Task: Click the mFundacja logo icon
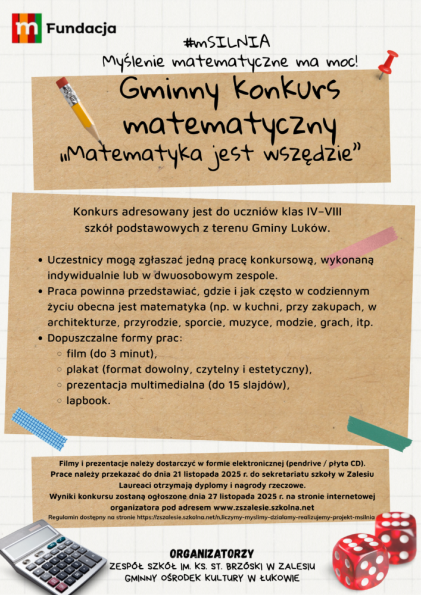[x=27, y=28]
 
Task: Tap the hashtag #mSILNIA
[x=227, y=42]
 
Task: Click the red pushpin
[x=388, y=63]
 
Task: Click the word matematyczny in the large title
[x=230, y=124]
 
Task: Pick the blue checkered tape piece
[x=39, y=428]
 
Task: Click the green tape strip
[x=379, y=433]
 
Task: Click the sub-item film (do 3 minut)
[x=111, y=354]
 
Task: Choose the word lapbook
[x=88, y=400]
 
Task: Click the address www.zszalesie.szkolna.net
[x=263, y=508]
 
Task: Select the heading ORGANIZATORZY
[x=212, y=553]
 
